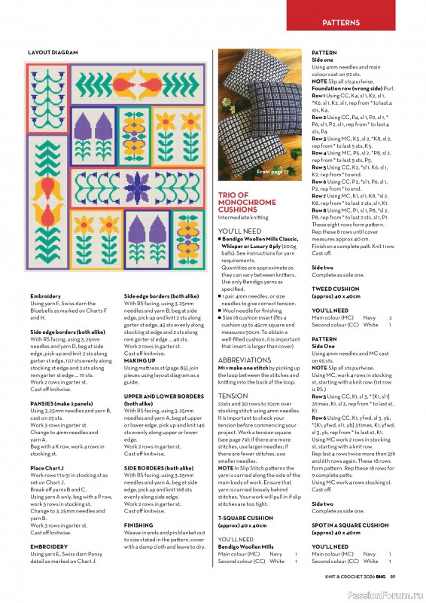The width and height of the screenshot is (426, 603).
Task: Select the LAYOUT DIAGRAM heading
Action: coord(53,53)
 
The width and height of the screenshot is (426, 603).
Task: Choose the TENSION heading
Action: coord(232,395)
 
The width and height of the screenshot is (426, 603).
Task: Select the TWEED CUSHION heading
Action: coord(335,288)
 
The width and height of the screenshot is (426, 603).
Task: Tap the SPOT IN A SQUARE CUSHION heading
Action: coord(350,525)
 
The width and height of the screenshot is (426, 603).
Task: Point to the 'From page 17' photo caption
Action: coord(272,173)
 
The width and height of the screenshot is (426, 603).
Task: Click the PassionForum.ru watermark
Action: coord(389,593)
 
